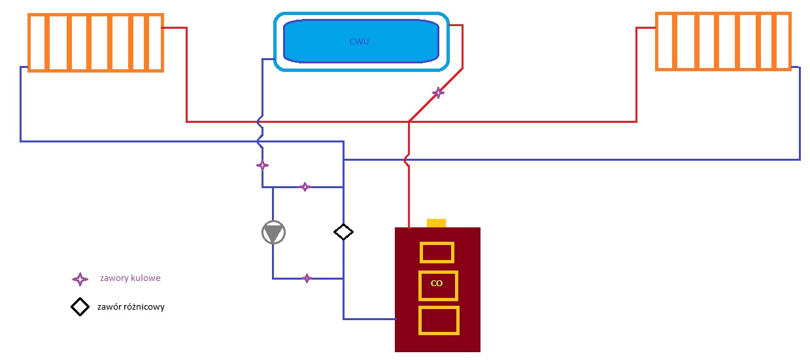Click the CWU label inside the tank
[359, 42]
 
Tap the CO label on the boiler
[437, 283]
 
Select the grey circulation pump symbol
[273, 233]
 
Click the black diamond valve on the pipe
[343, 232]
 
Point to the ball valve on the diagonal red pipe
[438, 93]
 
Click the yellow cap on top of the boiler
[436, 223]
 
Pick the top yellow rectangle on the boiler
[437, 252]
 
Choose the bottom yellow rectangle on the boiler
[439, 320]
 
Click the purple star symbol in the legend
[80, 279]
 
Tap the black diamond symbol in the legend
[80, 307]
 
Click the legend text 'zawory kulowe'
[130, 278]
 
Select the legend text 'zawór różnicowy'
[131, 307]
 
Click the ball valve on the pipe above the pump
[305, 187]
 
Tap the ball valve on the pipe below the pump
[307, 278]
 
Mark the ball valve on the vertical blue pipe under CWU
[262, 165]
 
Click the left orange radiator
[96, 42]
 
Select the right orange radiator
[723, 41]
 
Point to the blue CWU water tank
[362, 42]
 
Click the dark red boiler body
[437, 289]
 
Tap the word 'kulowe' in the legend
[145, 278]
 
